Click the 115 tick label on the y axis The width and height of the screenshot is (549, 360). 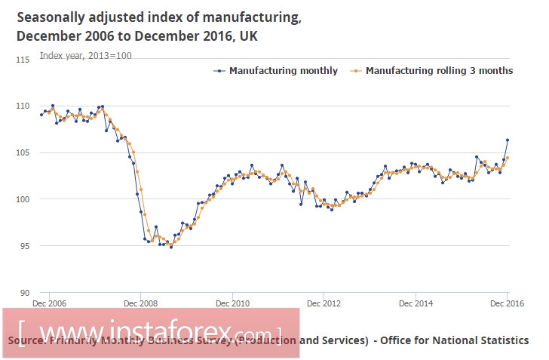23,59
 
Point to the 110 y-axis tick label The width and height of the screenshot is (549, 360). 23,106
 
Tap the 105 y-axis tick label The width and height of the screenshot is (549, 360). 23,152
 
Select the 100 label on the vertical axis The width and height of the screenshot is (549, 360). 23,199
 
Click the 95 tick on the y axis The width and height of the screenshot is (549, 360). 24,246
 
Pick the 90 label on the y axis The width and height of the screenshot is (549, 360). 24,293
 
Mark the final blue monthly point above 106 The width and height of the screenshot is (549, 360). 508,140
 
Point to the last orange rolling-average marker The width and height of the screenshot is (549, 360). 508,158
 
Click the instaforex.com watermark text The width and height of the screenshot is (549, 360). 151,331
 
